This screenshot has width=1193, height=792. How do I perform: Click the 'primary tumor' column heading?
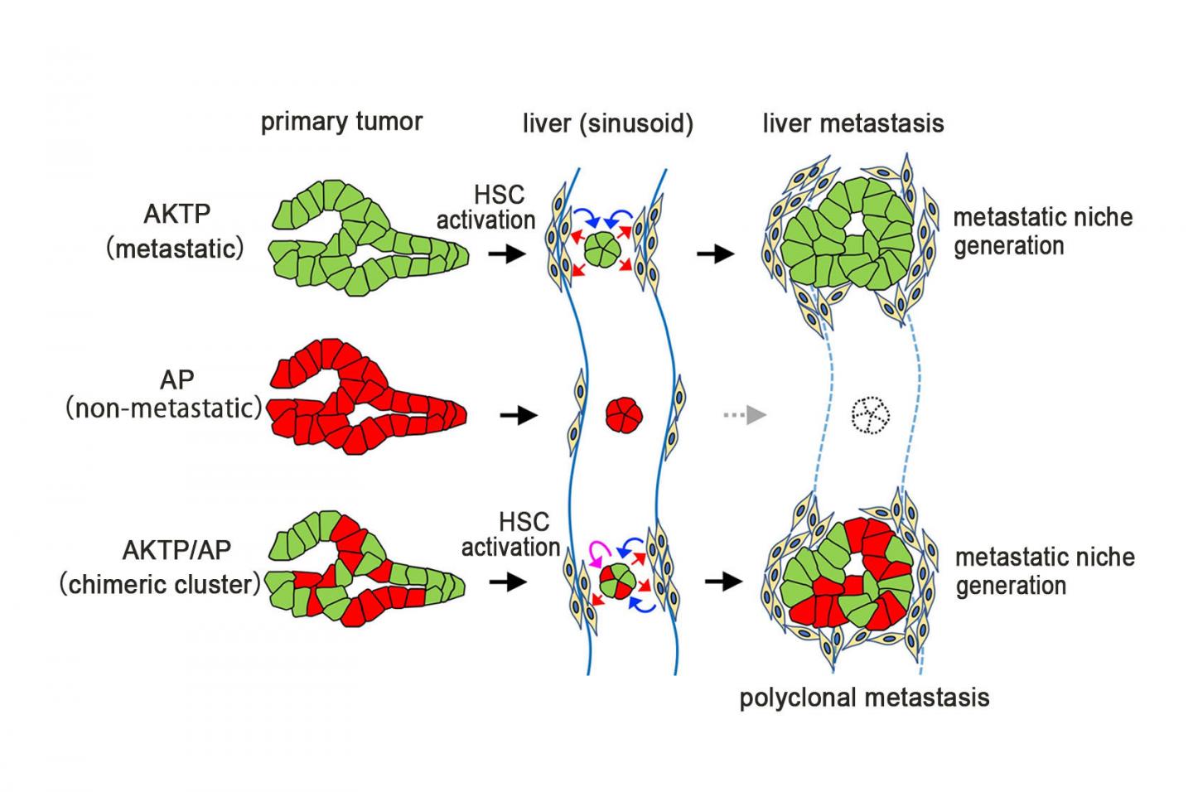pyautogui.click(x=341, y=122)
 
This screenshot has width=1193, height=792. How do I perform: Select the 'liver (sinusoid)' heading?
pyautogui.click(x=607, y=123)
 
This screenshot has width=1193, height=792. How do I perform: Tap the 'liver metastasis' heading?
pyautogui.click(x=852, y=123)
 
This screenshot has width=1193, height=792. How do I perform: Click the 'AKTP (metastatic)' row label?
pyautogui.click(x=176, y=231)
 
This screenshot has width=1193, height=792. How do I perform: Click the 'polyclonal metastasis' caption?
pyautogui.click(x=864, y=697)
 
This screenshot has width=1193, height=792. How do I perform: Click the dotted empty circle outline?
pyautogui.click(x=872, y=415)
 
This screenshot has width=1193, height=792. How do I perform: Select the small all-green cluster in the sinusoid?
pyautogui.click(x=602, y=248)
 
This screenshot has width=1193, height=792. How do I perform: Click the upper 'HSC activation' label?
pyautogui.click(x=487, y=207)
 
